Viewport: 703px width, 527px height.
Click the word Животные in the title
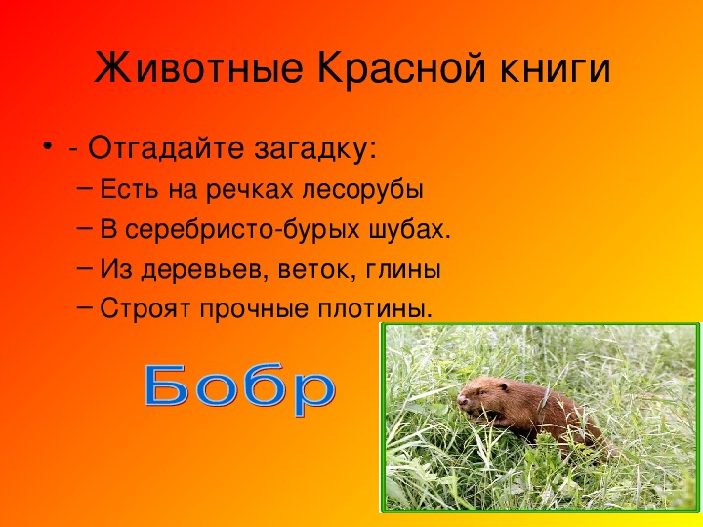pyautogui.click(x=197, y=68)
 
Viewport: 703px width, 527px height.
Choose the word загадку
pyautogui.click(x=315, y=149)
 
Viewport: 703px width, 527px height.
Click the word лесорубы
pyautogui.click(x=362, y=191)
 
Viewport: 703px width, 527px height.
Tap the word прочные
pyautogui.click(x=254, y=310)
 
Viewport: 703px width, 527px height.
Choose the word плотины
pyautogui.click(x=375, y=309)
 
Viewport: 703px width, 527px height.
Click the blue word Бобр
pyautogui.click(x=240, y=389)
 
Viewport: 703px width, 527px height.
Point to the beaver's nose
pyautogui.click(x=461, y=400)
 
